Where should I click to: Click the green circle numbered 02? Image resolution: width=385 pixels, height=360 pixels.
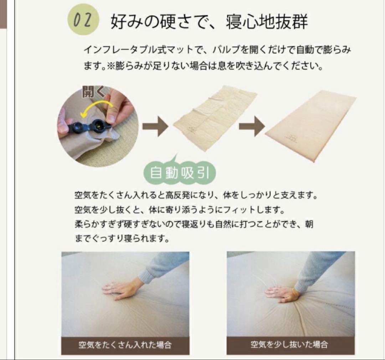coord(83,21)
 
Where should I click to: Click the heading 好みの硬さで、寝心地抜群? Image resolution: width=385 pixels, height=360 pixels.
coord(209,22)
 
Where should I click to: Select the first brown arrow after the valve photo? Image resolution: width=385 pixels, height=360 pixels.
coord(155,126)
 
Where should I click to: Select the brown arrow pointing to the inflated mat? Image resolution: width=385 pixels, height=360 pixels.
coord(252,126)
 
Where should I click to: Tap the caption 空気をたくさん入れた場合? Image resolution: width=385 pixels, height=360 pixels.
coord(125,345)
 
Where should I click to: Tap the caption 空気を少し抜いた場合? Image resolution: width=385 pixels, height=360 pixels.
coord(289,345)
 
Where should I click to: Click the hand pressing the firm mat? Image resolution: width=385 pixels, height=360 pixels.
coord(121,288)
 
